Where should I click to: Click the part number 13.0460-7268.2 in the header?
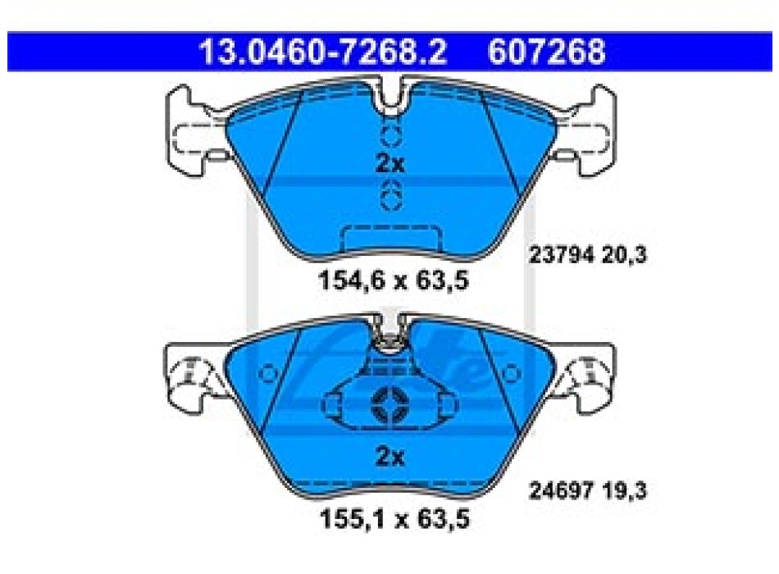pyautogui.click(x=323, y=51)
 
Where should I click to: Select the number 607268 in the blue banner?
pyautogui.click(x=546, y=51)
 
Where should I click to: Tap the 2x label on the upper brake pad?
pyautogui.click(x=390, y=163)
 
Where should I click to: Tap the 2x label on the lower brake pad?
pyautogui.click(x=390, y=456)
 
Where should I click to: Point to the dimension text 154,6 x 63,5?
pyautogui.click(x=394, y=280)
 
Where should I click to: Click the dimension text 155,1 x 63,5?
pyautogui.click(x=394, y=519)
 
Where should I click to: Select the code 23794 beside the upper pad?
pyautogui.click(x=562, y=256)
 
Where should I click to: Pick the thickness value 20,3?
pyautogui.click(x=625, y=256)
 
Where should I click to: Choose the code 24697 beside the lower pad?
pyautogui.click(x=562, y=491)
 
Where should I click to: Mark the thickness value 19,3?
pyautogui.click(x=625, y=491)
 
